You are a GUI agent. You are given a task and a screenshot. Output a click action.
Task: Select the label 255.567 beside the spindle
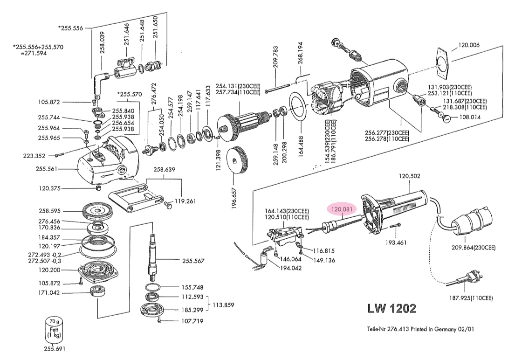click(192, 261)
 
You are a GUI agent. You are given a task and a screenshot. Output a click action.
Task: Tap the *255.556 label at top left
click(70, 28)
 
